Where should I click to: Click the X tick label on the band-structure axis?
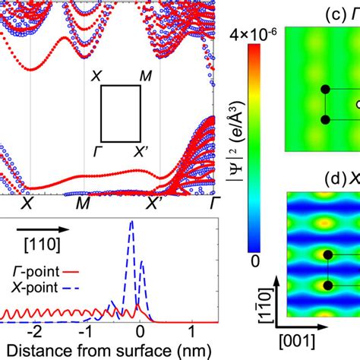click(27, 204)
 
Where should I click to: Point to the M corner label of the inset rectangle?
click(146, 76)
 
